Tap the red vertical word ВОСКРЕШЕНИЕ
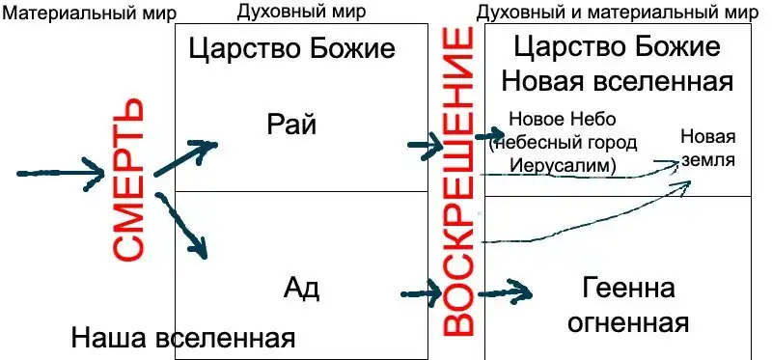456,181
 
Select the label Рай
291,125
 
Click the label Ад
301,290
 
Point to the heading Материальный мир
90,14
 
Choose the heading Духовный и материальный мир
618,13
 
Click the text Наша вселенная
182,339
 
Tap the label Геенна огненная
628,306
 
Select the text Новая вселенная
618,82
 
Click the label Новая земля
708,149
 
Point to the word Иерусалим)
563,165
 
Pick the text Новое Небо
563,119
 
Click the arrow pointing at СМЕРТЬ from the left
61,174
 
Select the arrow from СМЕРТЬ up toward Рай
185,157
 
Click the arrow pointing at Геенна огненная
505,294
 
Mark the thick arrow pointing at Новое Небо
490,134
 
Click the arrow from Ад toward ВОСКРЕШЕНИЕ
422,293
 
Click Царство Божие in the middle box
291,50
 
